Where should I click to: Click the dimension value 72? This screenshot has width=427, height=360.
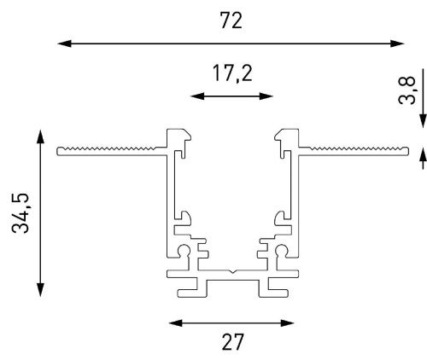click(x=231, y=20)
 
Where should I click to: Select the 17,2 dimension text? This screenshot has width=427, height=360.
click(x=232, y=74)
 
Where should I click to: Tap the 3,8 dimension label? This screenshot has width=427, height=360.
click(x=407, y=90)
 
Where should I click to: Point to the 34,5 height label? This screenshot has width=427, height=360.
click(x=20, y=213)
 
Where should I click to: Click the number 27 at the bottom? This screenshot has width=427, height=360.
click(x=232, y=342)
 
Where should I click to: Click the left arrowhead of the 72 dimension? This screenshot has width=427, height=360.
click(x=64, y=44)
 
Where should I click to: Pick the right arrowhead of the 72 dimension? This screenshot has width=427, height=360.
click(x=397, y=44)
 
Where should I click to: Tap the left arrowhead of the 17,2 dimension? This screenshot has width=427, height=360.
click(x=197, y=96)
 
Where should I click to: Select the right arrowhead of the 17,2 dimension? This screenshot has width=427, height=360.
click(x=266, y=96)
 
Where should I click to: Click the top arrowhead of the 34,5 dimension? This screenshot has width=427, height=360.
click(x=41, y=136)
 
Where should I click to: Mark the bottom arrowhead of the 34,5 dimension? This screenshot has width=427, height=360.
click(x=41, y=290)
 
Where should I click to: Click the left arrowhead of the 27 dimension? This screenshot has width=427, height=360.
click(x=176, y=323)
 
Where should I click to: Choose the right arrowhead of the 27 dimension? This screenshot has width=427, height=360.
click(x=287, y=323)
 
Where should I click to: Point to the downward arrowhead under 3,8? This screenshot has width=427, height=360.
click(x=424, y=121)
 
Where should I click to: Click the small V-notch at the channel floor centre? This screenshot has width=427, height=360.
click(x=233, y=271)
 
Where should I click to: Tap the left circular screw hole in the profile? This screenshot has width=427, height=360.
click(x=184, y=250)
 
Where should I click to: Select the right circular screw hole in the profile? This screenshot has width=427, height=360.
click(x=281, y=250)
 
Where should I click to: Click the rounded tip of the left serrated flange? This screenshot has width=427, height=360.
click(x=58, y=151)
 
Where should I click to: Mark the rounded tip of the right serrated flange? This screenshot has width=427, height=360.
click(x=407, y=151)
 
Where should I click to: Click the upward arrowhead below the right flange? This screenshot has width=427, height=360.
click(x=424, y=157)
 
